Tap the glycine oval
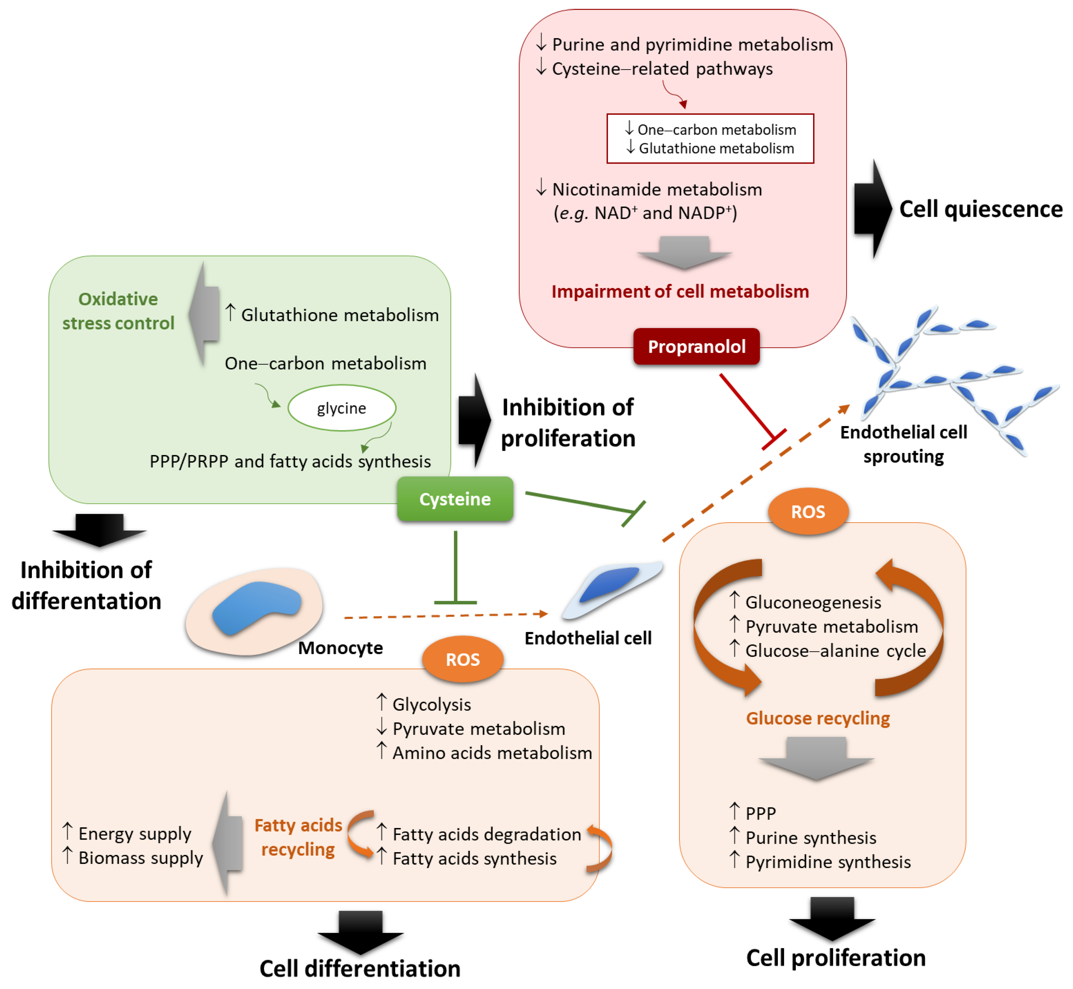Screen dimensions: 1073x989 (x=342, y=408)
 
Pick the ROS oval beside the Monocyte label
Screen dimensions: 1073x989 (x=463, y=659)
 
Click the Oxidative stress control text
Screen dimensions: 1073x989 (x=118, y=311)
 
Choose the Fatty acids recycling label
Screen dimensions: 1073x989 (x=298, y=837)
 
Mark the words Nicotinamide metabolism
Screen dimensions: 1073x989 (x=657, y=190)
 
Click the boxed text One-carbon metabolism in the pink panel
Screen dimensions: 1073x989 (x=716, y=129)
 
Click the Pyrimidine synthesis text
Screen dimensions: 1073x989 (x=828, y=862)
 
